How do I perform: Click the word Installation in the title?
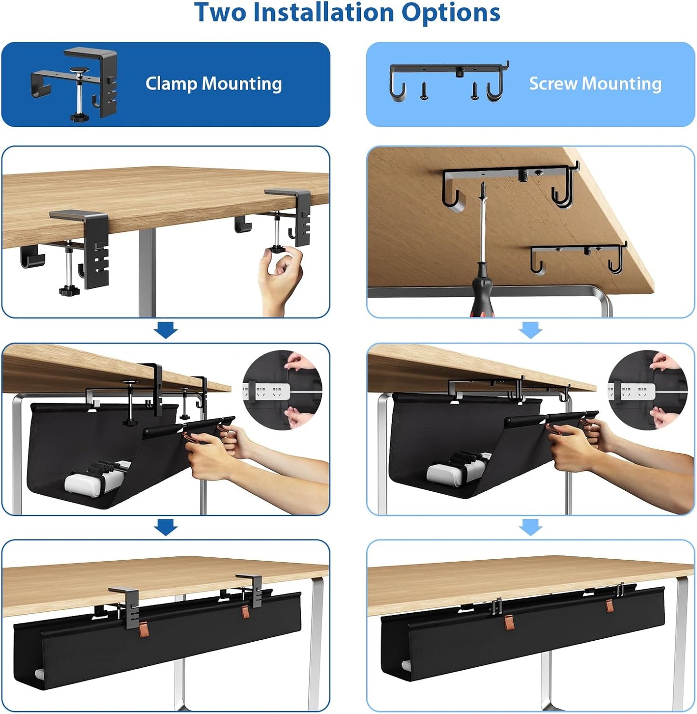pos(324,13)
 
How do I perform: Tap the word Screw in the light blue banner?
pos(553,84)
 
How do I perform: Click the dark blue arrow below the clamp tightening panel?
pos(166,331)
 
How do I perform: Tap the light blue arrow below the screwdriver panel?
pos(531,331)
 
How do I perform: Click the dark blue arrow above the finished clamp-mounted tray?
pos(166,527)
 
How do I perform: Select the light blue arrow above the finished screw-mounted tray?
pos(531,527)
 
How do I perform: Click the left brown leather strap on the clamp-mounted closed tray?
pos(144,629)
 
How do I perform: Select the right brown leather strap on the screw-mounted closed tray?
pos(610,605)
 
